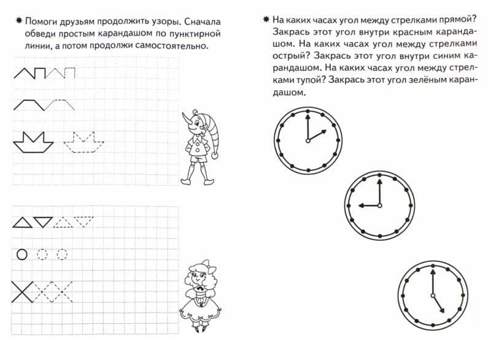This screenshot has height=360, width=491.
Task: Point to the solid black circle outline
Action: pos(22,254)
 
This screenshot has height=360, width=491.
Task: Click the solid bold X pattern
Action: pos(23,291)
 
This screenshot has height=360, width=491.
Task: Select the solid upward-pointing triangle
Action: pos(22,222)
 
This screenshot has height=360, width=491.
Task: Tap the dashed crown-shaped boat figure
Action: pos(84,142)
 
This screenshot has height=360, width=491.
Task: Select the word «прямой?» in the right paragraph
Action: pos(447,21)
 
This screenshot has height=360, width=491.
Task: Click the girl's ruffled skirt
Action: pos(199,310)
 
